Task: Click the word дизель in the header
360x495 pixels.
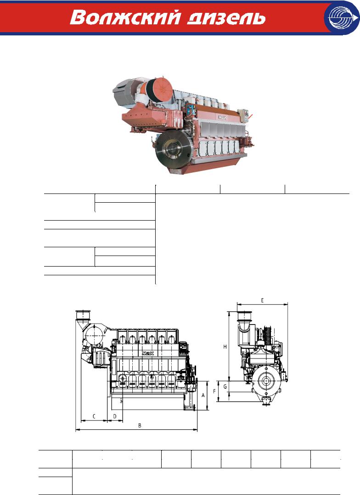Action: coord(226,18)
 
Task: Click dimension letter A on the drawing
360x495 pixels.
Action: coord(203,395)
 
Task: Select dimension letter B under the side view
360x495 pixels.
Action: coord(140,425)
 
